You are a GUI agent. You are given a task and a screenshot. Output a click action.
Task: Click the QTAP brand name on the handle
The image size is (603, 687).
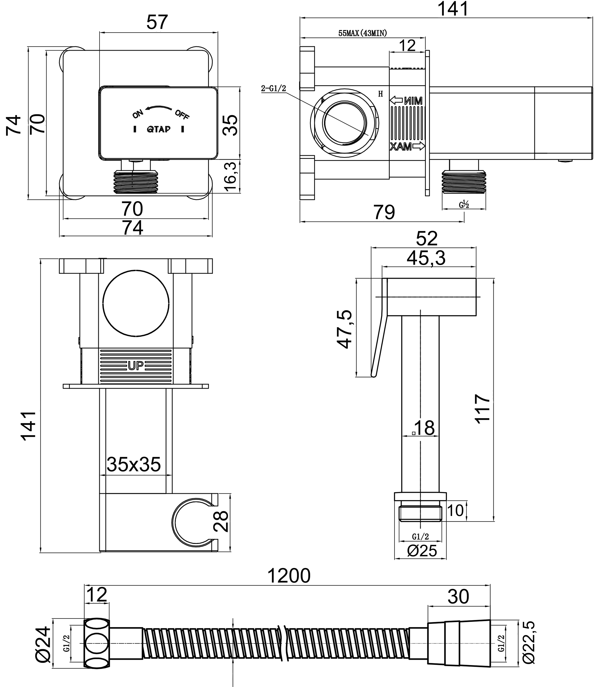coord(158,129)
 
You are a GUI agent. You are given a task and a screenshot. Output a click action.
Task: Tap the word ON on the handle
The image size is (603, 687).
coord(138,114)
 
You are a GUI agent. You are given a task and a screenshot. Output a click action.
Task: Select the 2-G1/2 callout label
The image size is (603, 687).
coord(273,88)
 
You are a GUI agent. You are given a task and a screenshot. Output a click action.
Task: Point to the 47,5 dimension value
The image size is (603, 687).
coord(345,329)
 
